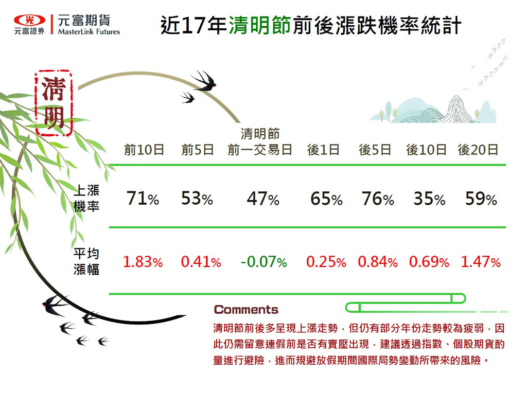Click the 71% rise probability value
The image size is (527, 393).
tap(143, 198)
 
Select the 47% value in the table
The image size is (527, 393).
tap(263, 199)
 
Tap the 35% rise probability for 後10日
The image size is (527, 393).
tap(430, 199)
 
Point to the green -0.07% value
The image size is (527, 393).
tap(264, 262)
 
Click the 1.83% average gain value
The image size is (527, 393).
tap(143, 262)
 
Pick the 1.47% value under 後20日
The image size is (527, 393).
tap(481, 262)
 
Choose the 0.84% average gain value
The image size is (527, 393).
tap(378, 262)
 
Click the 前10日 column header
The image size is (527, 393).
tap(144, 150)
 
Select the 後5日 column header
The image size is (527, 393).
tap(375, 150)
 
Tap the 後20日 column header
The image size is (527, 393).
tap(478, 150)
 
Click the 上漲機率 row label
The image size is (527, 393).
tap(86, 198)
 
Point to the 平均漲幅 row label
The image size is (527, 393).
tap(86, 262)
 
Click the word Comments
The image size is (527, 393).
tap(246, 309)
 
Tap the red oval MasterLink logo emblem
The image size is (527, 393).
tap(29, 20)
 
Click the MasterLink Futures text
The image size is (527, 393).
tap(89, 32)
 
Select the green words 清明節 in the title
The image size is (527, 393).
tap(260, 25)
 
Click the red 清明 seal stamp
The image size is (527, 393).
tap(54, 103)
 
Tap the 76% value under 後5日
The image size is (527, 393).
tap(378, 199)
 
